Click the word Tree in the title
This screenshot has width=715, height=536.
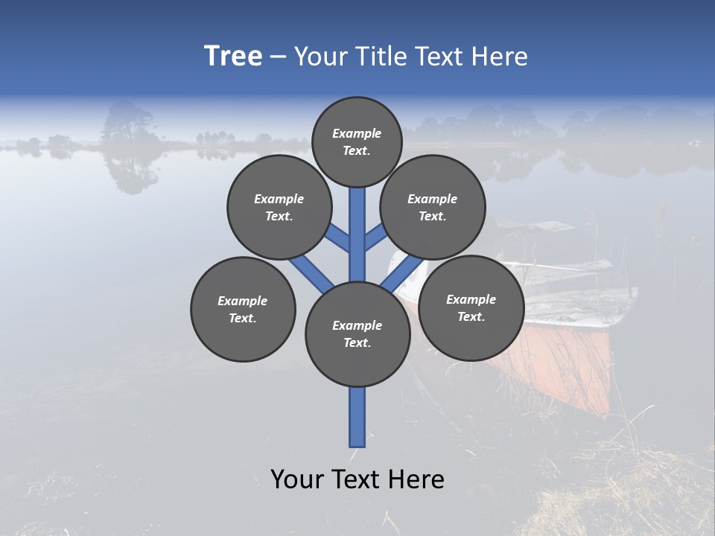point(233,57)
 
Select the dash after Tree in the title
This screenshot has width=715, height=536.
point(278,57)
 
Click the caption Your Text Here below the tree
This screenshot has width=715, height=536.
point(357,479)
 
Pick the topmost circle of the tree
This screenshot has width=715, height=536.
point(357,141)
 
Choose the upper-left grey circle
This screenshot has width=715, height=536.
point(279,207)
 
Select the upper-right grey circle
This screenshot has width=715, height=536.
point(433,207)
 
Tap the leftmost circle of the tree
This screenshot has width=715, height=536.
point(243,309)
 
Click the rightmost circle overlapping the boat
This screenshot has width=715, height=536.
point(471,307)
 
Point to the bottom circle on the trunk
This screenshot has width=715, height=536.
point(357,334)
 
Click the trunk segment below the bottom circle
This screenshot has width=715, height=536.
point(357,417)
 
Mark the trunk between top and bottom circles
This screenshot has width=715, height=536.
point(357,234)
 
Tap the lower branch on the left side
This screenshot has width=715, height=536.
point(311,274)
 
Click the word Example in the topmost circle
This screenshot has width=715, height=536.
point(357,133)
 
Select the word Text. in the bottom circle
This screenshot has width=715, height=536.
point(357,342)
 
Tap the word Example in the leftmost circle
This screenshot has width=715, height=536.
point(242,301)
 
